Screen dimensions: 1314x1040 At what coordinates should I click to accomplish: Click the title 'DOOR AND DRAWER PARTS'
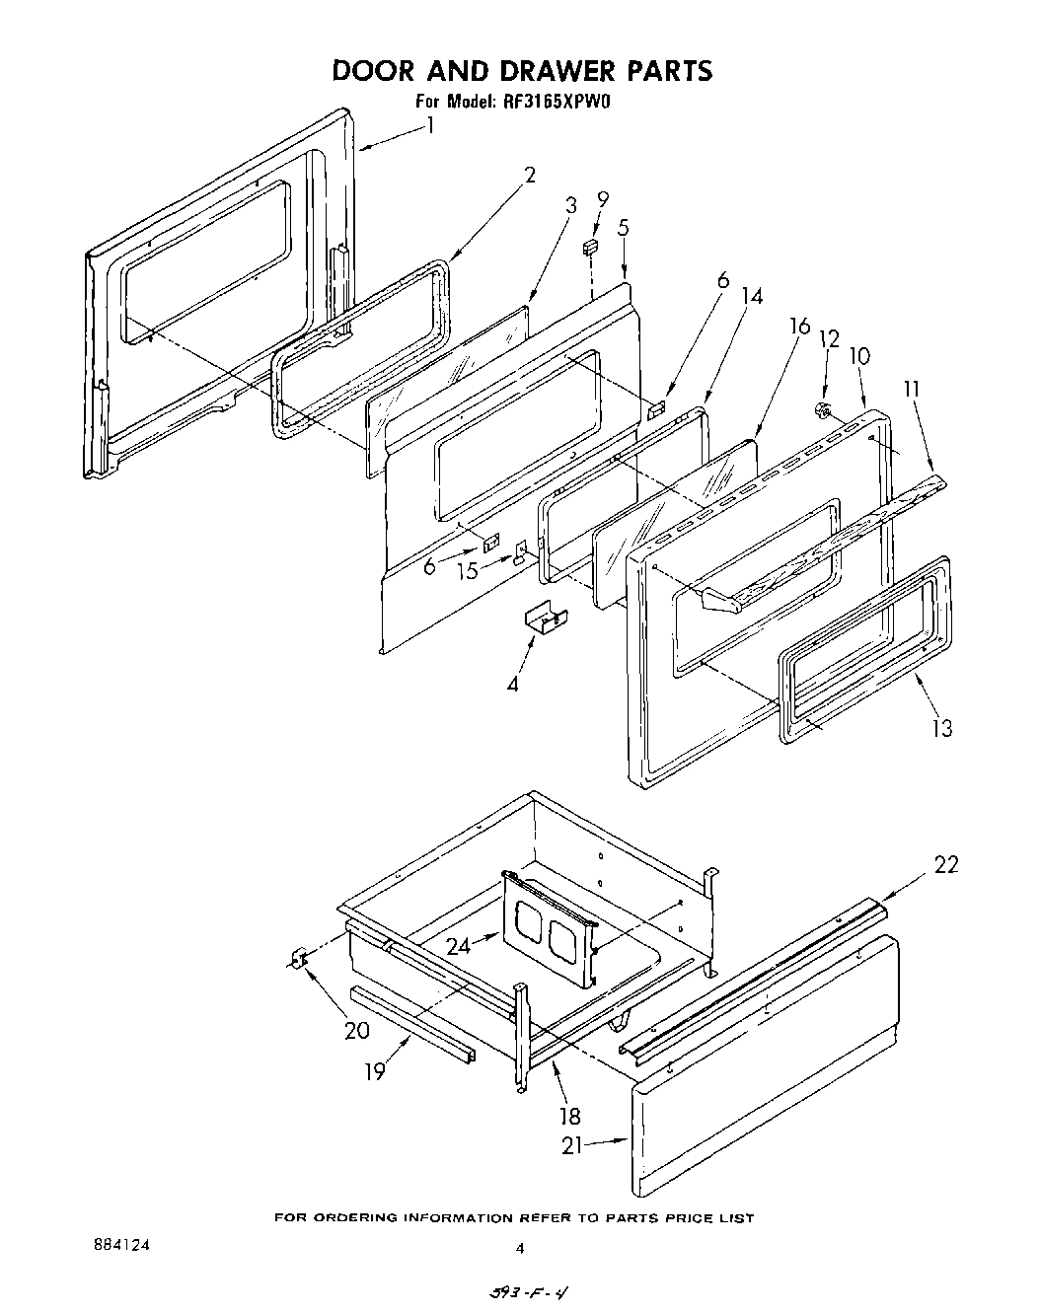point(521,71)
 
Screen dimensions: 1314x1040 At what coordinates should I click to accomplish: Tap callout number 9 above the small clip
point(603,200)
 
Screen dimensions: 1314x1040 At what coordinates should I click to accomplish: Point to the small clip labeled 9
point(591,246)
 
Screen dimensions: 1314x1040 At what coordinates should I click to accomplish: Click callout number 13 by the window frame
point(942,728)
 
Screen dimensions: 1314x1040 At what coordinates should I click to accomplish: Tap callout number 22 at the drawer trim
point(945,866)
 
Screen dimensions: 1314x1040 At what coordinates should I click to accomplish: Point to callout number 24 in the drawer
point(458,947)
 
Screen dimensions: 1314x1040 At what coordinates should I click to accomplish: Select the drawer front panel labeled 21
point(765,1065)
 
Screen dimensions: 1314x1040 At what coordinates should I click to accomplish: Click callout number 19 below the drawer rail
point(374,1072)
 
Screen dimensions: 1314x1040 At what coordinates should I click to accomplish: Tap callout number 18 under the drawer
point(569,1116)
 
